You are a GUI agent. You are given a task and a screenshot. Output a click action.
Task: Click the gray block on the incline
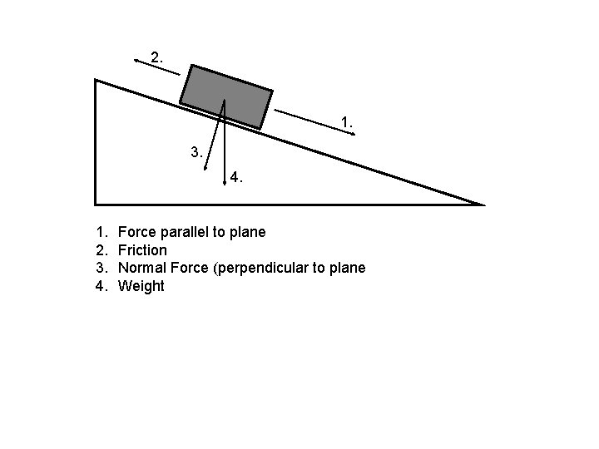coord(226,96)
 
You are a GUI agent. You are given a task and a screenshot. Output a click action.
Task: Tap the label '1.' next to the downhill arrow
coord(347,122)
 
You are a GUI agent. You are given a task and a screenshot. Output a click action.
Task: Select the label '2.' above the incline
coord(156,57)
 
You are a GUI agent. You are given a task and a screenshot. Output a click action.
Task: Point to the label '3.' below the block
coord(196,152)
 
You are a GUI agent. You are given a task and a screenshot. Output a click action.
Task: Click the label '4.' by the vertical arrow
coord(237,176)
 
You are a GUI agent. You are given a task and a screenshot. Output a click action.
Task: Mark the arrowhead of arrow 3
coord(205,167)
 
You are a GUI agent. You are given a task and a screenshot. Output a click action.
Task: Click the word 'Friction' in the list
coord(142,249)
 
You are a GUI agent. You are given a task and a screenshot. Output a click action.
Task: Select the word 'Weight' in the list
coord(141,286)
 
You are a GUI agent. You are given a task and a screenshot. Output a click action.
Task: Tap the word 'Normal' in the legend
coord(144,268)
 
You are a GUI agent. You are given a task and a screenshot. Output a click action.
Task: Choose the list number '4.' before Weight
coord(101,286)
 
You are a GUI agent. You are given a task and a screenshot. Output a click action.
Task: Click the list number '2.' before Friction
coord(101,249)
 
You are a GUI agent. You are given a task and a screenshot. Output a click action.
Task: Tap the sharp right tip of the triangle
coord(482,204)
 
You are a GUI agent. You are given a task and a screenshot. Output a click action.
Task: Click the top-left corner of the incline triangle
coord(97,81)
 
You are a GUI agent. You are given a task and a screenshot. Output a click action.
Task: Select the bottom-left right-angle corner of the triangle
coord(97,203)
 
